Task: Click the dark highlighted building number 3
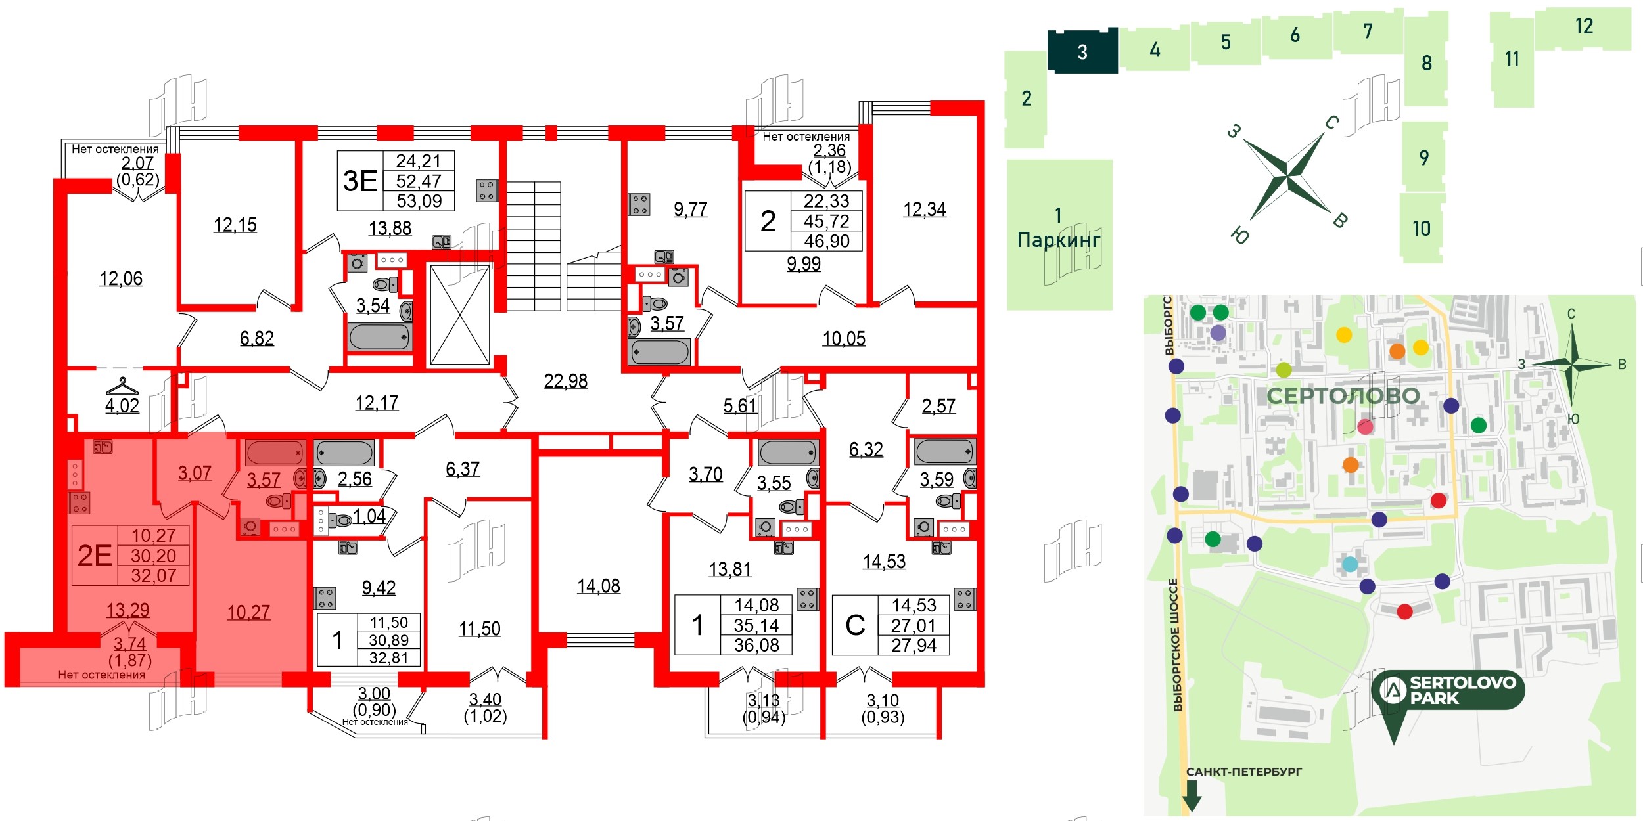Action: [x=1082, y=52]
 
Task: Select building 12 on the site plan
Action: [x=1584, y=26]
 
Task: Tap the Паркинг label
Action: [x=1058, y=240]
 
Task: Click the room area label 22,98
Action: [x=565, y=381]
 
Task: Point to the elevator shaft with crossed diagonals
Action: [x=460, y=315]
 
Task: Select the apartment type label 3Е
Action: [x=360, y=181]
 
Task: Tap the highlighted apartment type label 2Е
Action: [x=95, y=556]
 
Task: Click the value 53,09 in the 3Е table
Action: [x=419, y=201]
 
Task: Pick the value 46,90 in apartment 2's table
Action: [x=826, y=241]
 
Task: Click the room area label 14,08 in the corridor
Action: [x=598, y=586]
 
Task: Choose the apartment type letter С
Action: [x=855, y=625]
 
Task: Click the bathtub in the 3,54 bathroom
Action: [x=380, y=337]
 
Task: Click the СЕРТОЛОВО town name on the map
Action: [x=1343, y=396]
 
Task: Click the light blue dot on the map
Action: [x=1349, y=564]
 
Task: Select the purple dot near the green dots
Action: [x=1218, y=333]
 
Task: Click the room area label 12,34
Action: [x=924, y=210]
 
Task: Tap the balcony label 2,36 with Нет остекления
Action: [x=829, y=151]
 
